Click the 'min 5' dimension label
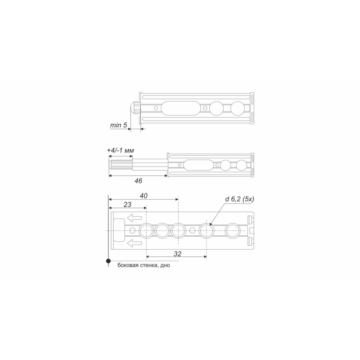118,125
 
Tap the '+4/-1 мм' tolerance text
121,150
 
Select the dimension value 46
138,181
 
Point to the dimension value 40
144,196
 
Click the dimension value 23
127,204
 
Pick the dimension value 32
177,254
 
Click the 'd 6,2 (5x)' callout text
239,199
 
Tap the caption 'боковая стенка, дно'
144,265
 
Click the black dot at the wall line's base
108,261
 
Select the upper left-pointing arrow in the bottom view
134,218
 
